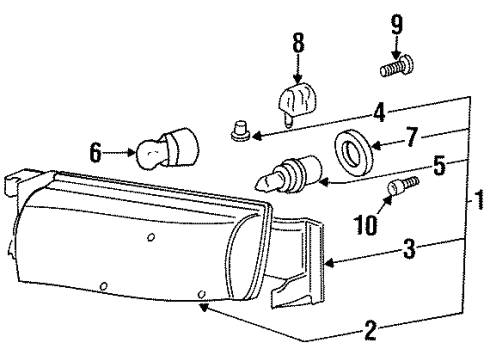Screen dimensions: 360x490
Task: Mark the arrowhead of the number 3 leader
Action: (328, 264)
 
